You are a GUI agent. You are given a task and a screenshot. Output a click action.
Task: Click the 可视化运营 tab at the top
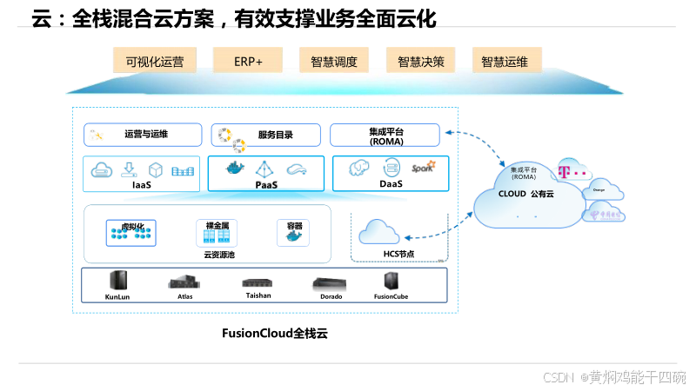(155, 61)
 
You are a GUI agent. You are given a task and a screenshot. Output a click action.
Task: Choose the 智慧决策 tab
(421, 61)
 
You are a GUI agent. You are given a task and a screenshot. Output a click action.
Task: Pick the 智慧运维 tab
(506, 61)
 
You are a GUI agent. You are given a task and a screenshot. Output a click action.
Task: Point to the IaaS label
(142, 184)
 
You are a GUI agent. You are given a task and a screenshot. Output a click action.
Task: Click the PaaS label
(266, 184)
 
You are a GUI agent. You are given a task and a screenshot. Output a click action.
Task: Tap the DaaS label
(391, 184)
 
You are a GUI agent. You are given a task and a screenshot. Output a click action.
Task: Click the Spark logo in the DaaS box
(423, 168)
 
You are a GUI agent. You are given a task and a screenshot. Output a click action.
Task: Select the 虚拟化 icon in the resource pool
(130, 232)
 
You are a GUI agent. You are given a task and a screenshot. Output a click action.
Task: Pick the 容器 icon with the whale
(294, 232)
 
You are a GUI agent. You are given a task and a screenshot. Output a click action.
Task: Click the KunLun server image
(117, 281)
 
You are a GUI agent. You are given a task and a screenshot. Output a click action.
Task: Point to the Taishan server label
(258, 295)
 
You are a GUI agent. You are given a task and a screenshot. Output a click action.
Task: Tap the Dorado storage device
(331, 282)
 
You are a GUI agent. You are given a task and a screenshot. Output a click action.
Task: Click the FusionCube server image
(391, 281)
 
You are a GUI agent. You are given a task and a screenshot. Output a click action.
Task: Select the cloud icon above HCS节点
(380, 231)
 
